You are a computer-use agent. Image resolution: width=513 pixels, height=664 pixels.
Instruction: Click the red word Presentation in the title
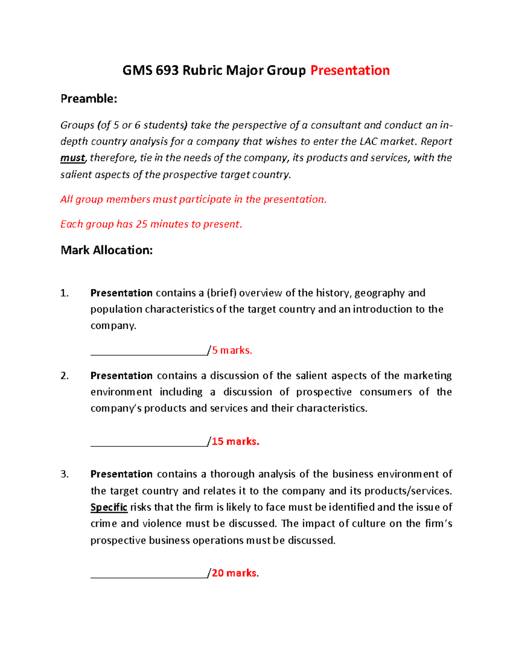tap(350, 70)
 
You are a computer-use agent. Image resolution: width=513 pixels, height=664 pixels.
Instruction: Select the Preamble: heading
tap(88, 99)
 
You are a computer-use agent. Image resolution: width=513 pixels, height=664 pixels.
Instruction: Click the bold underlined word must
tap(73, 158)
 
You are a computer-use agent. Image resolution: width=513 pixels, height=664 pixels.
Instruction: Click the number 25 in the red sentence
tap(141, 224)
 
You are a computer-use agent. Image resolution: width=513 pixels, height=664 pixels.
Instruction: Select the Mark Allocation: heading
tap(106, 250)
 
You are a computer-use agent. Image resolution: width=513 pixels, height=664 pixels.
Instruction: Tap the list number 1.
tap(64, 293)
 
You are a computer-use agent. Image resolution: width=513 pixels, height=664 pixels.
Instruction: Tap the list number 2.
tap(64, 376)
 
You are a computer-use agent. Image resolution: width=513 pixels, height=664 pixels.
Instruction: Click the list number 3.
tap(64, 474)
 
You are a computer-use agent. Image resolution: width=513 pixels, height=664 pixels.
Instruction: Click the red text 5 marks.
tap(232, 351)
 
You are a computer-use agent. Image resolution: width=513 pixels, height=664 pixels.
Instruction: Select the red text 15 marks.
tap(236, 442)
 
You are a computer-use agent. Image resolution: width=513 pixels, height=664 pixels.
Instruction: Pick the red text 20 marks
tap(234, 573)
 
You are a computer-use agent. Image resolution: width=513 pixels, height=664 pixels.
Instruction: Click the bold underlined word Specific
tap(109, 508)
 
